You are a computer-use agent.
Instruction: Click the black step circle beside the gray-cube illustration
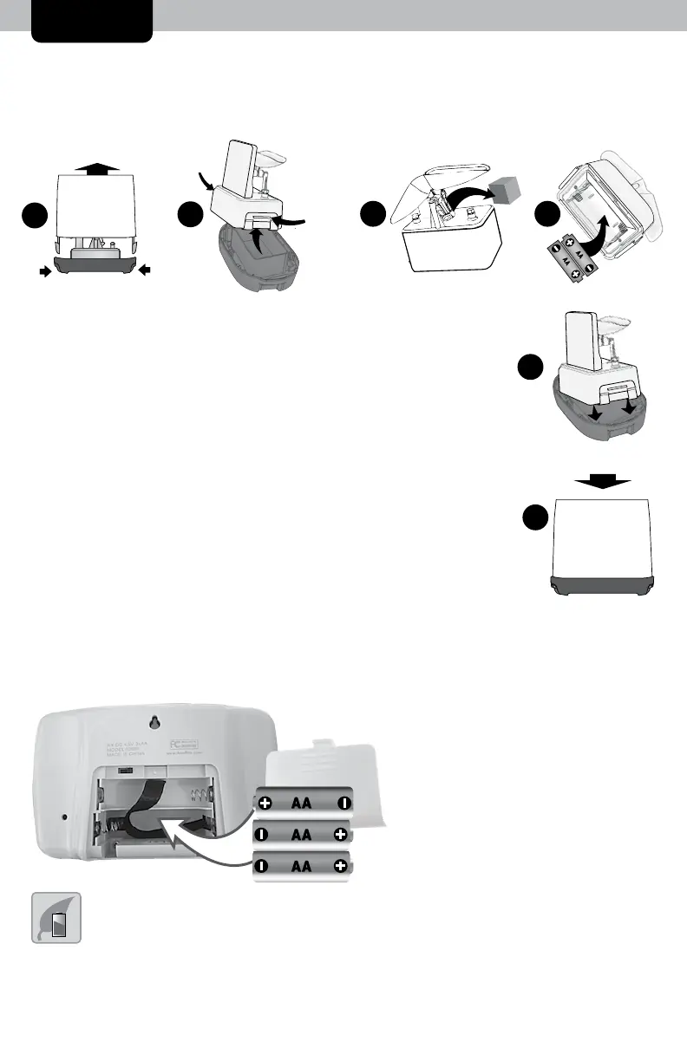coord(374,213)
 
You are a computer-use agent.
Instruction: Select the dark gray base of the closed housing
coord(603,585)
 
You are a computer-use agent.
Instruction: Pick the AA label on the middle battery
coord(302,836)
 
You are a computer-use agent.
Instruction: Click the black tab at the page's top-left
coord(92,20)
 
